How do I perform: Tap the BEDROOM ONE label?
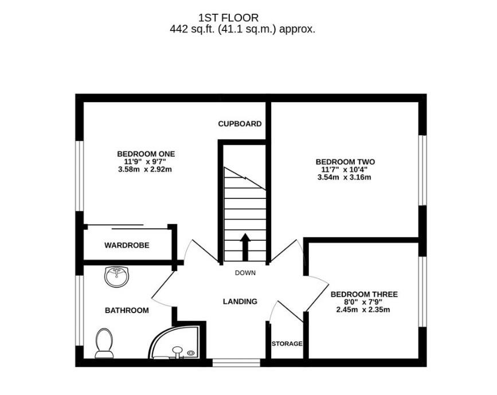(146, 154)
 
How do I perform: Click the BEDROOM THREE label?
(364, 294)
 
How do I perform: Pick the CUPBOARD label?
(240, 123)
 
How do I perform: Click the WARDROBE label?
(127, 245)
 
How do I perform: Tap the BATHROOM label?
(127, 310)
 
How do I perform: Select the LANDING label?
(240, 301)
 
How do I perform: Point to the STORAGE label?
(287, 343)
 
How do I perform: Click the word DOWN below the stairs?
(245, 273)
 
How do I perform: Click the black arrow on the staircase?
(245, 246)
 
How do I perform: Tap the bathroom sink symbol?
(118, 276)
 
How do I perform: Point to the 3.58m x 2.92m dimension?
(146, 169)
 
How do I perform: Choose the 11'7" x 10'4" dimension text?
(345, 170)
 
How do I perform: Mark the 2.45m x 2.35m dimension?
(363, 310)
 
